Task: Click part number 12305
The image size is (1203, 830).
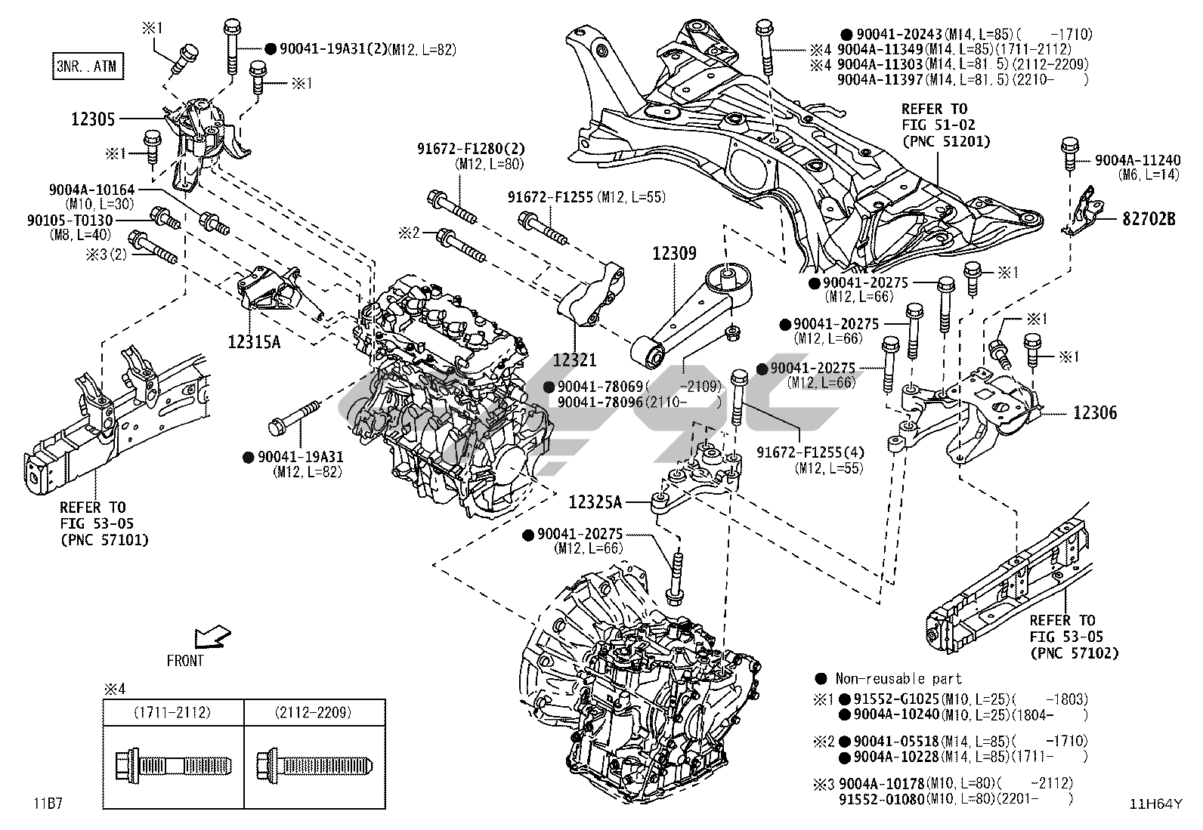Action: pyautogui.click(x=93, y=119)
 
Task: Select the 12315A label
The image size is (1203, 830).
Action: pyautogui.click(x=254, y=341)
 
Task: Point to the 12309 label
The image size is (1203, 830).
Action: pyautogui.click(x=675, y=254)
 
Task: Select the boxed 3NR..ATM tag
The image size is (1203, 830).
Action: pyautogui.click(x=86, y=66)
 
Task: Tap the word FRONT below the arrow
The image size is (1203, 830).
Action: pyautogui.click(x=185, y=661)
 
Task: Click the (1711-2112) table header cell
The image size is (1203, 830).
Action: pyautogui.click(x=172, y=712)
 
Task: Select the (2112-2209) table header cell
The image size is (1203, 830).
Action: pyautogui.click(x=314, y=712)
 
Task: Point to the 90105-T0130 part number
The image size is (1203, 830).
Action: pyautogui.click(x=70, y=221)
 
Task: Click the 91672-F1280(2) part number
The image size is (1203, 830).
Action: pyautogui.click(x=472, y=149)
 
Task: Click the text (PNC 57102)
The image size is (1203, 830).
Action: pyautogui.click(x=1074, y=653)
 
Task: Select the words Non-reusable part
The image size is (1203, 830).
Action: pyautogui.click(x=898, y=679)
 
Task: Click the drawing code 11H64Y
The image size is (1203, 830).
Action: pyautogui.click(x=1155, y=804)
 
